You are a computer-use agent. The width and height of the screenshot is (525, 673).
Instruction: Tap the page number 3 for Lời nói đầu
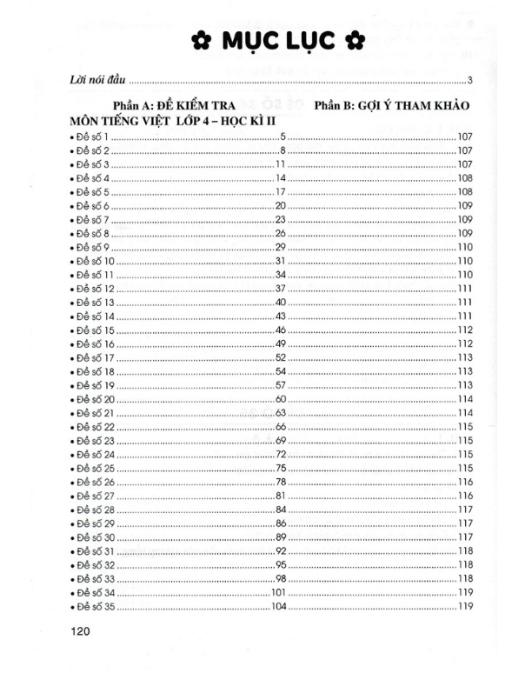coord(469,82)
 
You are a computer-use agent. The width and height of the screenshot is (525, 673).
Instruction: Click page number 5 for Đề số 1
coord(282,137)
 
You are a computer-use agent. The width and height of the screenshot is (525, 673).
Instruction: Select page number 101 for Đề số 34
coord(278,591)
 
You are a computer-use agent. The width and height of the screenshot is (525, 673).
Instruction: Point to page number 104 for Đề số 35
coord(278,605)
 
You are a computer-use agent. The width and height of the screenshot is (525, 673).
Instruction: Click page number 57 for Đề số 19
coord(281,384)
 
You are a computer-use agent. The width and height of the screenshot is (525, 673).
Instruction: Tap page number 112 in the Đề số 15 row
coord(464,330)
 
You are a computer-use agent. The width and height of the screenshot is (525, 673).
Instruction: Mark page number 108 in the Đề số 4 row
coord(464,177)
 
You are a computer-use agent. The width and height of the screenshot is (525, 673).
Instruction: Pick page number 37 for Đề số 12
coord(281,288)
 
